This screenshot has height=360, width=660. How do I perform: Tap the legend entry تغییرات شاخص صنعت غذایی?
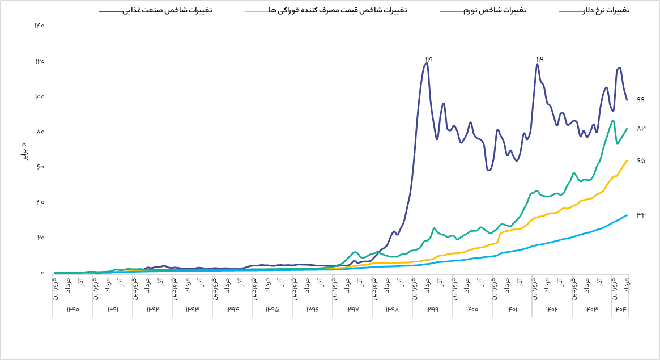coord(168,10)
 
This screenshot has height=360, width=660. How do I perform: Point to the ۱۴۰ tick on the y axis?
coord(40,26)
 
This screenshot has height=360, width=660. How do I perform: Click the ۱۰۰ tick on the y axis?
coord(40,96)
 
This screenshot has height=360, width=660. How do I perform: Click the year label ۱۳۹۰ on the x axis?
coord(73,310)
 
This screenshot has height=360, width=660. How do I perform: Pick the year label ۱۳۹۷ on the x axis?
coord(353,310)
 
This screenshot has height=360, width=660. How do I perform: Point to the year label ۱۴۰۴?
coord(620,310)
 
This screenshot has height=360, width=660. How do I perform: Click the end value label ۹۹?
coord(641,99)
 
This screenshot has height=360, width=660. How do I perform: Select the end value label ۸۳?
coord(641,129)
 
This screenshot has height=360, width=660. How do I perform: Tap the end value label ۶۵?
coord(641,161)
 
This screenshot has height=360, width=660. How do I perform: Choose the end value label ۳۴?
coord(641,215)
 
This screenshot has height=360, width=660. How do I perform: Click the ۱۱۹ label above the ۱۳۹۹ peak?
coord(428,59)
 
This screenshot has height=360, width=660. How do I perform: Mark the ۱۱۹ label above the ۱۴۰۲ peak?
coord(539,59)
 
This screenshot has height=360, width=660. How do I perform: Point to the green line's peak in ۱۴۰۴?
coord(613,120)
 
